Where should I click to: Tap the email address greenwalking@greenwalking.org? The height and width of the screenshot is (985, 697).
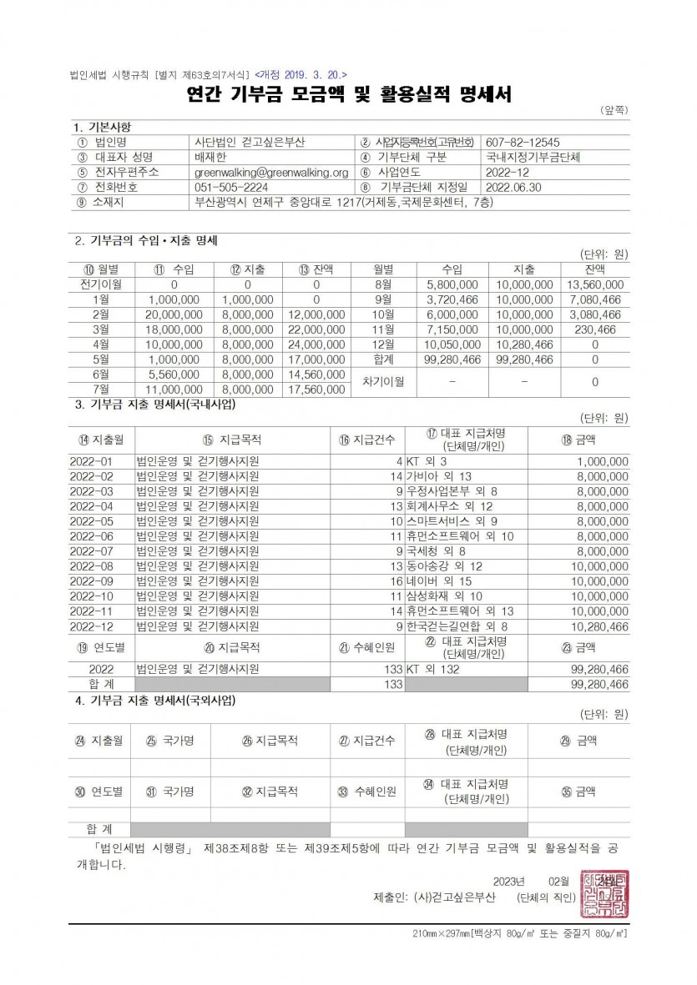click(x=270, y=172)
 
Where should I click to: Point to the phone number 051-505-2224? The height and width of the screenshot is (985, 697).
click(x=230, y=187)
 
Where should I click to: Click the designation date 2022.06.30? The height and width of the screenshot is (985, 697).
click(x=513, y=187)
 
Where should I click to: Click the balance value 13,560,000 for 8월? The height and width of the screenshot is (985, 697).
click(x=594, y=284)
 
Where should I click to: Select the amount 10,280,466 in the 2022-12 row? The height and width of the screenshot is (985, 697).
click(x=597, y=626)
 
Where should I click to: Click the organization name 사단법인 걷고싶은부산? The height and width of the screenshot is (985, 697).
click(x=250, y=142)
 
